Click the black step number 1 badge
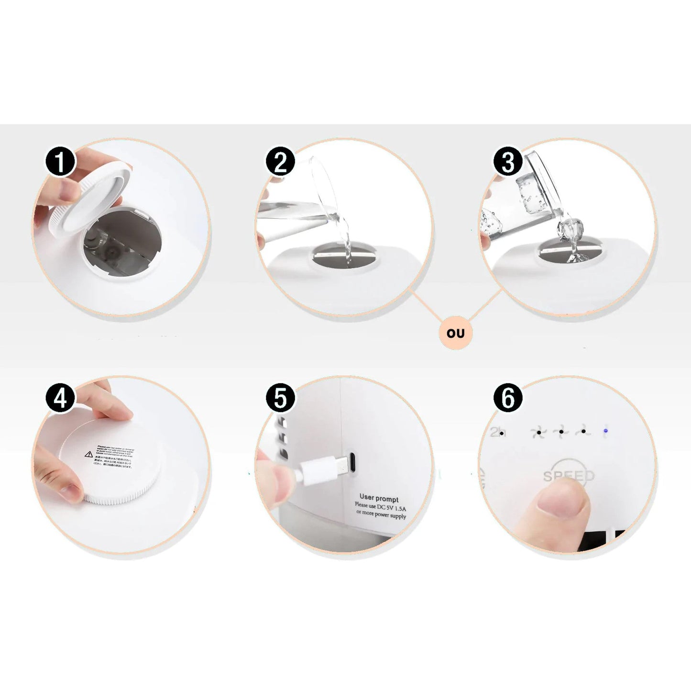pos(60,162)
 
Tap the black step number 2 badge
pos(280,162)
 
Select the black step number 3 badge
pos(507,162)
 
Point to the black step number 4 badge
pos(60,398)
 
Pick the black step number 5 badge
pos(280,398)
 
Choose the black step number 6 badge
pos(507,398)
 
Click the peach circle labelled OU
pos(455,333)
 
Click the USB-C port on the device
pos(351,462)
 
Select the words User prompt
pos(379,498)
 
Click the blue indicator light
pos(605,431)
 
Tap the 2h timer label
pos(497,432)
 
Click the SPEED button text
pos(569,476)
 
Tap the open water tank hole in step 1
pos(121,244)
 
